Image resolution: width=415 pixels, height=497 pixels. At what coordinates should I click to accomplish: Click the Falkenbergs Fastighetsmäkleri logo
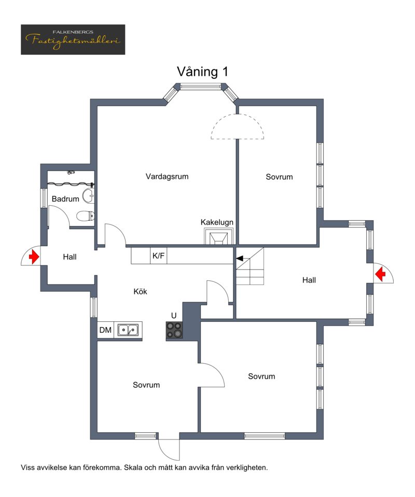(73, 39)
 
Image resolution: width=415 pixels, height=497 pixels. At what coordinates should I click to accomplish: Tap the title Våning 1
(202, 72)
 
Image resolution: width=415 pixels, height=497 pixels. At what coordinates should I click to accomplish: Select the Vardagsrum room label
(167, 177)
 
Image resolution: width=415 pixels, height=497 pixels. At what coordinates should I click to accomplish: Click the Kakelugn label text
(217, 222)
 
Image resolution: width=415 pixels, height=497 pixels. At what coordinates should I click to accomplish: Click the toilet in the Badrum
(86, 216)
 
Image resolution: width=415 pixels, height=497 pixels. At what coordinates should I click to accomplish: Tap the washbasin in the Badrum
(89, 196)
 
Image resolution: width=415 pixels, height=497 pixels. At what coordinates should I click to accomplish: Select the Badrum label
(65, 199)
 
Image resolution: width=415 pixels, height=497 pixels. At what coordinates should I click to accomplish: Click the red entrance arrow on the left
(34, 256)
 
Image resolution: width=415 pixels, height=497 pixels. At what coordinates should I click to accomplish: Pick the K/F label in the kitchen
(158, 256)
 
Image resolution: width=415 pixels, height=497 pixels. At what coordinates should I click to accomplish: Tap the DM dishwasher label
(105, 330)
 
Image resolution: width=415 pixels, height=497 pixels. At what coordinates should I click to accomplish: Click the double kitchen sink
(128, 330)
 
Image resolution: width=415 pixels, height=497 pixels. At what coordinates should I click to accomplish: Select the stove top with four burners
(174, 330)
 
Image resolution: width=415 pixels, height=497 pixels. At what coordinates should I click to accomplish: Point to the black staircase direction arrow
(240, 258)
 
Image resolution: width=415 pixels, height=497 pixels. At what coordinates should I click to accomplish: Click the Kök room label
(140, 292)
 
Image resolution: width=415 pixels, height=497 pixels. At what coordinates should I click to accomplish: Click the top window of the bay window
(201, 86)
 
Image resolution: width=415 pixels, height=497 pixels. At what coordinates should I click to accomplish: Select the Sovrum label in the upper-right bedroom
(279, 177)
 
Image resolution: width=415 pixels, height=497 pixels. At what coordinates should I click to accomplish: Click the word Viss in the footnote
(27, 467)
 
